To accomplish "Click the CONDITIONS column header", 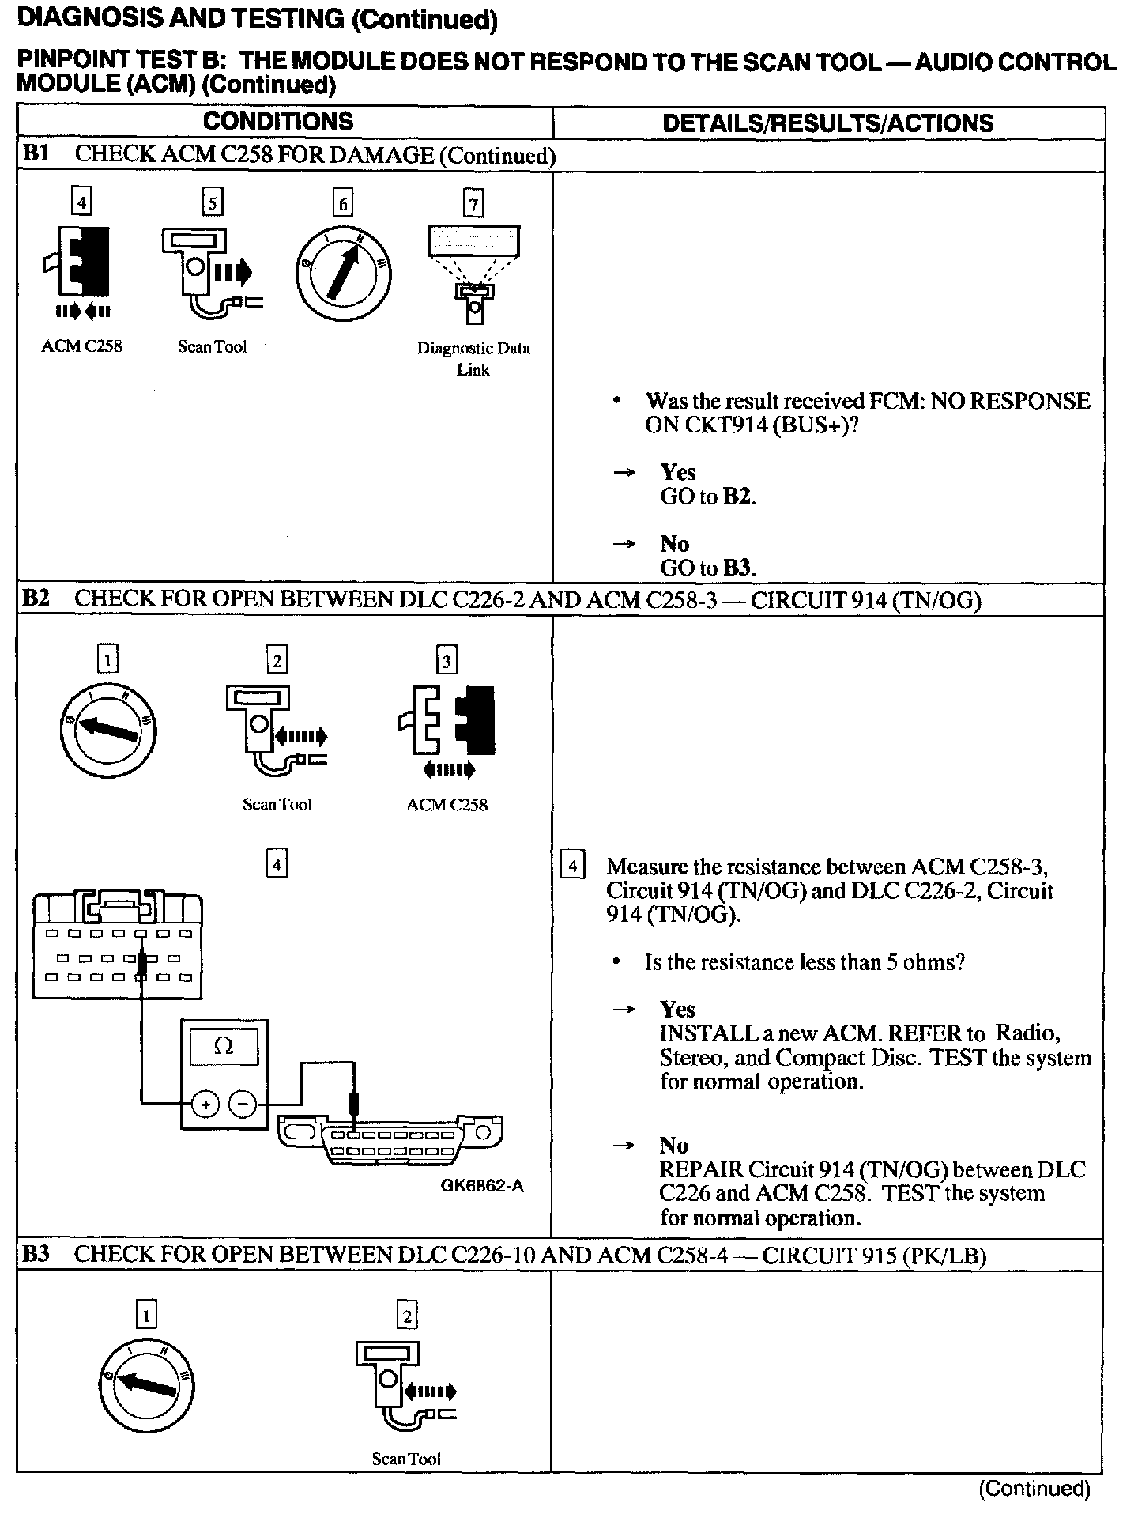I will point(278,122).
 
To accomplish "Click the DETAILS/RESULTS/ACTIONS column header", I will point(827,123).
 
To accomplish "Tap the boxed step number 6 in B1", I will point(342,204).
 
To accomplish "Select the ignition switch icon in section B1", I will point(342,274).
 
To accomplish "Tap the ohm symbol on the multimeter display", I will point(224,1046).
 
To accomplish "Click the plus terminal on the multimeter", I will point(205,1104).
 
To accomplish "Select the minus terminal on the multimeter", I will point(243,1104).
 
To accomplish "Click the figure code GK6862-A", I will point(482,1186).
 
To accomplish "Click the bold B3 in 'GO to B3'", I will point(739,568).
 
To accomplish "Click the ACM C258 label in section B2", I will point(447,805).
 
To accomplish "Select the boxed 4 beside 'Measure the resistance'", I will point(572,867).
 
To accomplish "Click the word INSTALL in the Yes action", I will point(699,1033).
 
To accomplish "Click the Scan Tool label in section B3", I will point(406,1459).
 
